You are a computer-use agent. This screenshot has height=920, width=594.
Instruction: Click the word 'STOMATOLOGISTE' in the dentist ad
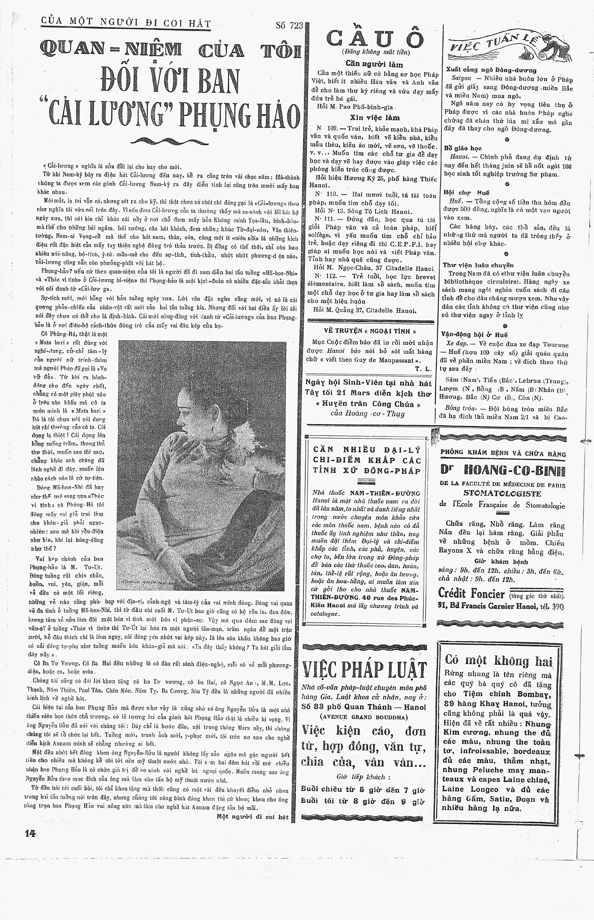(x=502, y=494)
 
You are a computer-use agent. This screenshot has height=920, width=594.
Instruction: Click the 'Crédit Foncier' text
(x=471, y=593)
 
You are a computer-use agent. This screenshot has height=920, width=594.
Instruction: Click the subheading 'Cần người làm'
(x=374, y=64)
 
